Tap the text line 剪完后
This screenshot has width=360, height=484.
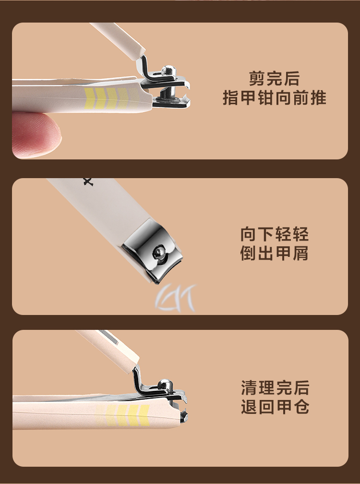pos(274,79)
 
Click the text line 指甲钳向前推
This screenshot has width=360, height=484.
pos(274,97)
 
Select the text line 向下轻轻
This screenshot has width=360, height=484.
pos(274,234)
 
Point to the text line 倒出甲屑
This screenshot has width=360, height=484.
pos(274,253)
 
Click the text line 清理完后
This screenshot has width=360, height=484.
pos(275,387)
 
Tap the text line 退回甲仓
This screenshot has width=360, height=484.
pos(275,407)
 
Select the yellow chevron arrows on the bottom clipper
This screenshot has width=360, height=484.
pos(123,415)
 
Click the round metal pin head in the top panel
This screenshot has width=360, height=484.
pos(168,70)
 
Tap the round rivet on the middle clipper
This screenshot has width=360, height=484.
pos(159,253)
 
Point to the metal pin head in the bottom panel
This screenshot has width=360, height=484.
pos(165,384)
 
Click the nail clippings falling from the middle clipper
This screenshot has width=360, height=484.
pos(176,298)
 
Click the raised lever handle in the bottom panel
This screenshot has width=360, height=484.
pos(108,351)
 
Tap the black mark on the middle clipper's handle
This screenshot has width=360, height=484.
pos(88,182)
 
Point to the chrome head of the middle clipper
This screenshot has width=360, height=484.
pos(152,251)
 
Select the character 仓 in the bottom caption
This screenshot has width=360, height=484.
pos(301,407)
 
